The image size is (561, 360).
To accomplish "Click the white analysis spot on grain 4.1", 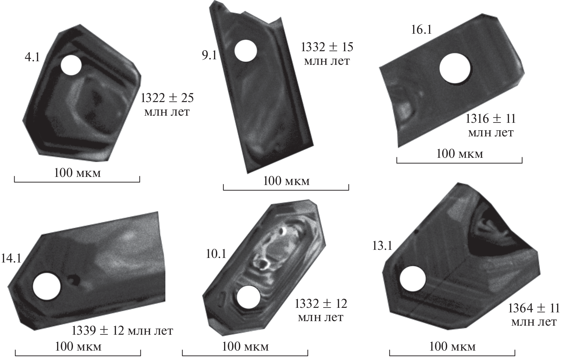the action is [71, 65].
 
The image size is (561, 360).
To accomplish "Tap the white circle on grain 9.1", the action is [245, 51].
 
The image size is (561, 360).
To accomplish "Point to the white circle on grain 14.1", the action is [47, 286].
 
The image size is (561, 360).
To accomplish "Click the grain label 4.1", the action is [32, 58].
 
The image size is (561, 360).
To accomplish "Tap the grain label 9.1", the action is [209, 56].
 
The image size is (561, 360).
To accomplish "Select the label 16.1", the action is [422, 30].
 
